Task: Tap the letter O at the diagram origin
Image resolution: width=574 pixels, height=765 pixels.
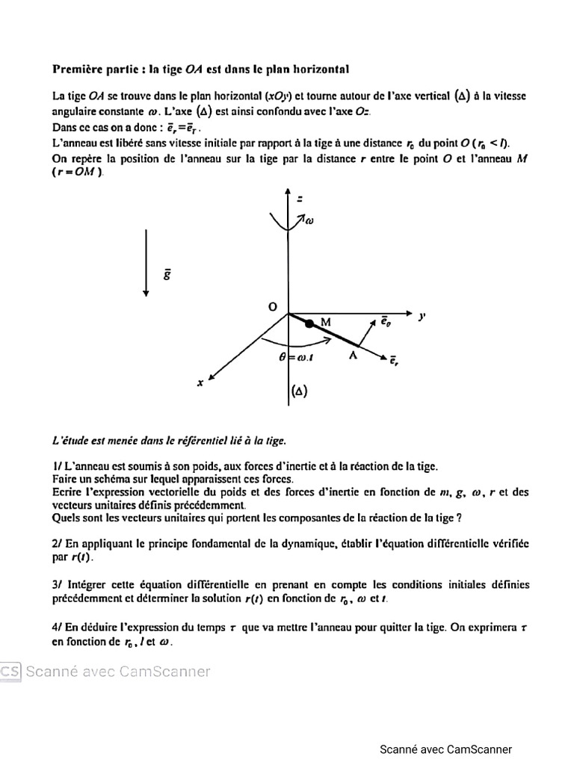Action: click(x=272, y=307)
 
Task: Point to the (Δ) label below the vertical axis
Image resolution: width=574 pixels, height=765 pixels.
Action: click(x=298, y=390)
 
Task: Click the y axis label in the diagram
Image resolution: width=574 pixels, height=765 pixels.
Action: click(x=422, y=316)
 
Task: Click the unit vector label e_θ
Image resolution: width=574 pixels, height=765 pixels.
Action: click(x=383, y=321)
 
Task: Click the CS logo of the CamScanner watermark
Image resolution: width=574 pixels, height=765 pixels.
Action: click(x=10, y=671)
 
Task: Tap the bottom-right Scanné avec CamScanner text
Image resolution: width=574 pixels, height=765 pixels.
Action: click(x=445, y=749)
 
